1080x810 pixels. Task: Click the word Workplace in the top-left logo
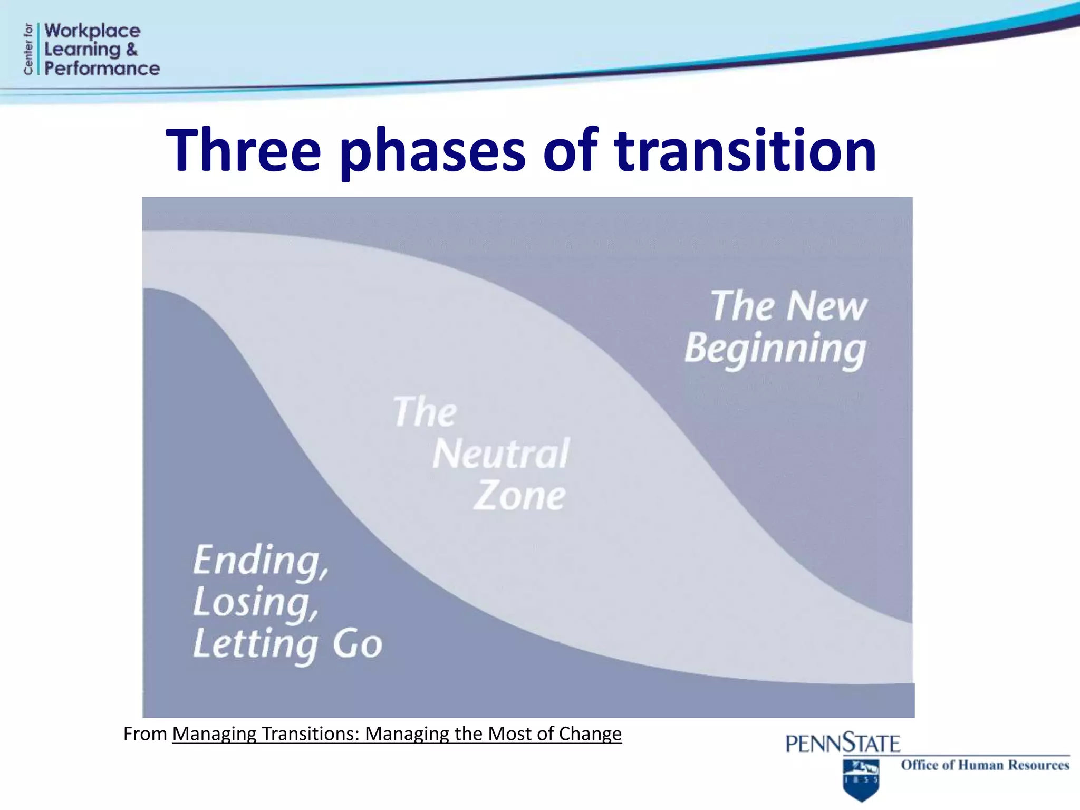coord(92,31)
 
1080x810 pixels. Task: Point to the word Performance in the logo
coord(102,69)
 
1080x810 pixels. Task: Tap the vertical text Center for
coord(28,49)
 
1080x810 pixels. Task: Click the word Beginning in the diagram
coord(775,349)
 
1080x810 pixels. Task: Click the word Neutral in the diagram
coord(500,454)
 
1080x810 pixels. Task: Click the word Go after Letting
coord(357,644)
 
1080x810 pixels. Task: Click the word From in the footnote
coord(145,734)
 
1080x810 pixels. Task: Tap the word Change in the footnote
coord(590,734)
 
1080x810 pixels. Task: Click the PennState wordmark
coord(842,743)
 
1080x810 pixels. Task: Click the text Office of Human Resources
coord(985,765)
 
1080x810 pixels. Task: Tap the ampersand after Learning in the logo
coord(132,50)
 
